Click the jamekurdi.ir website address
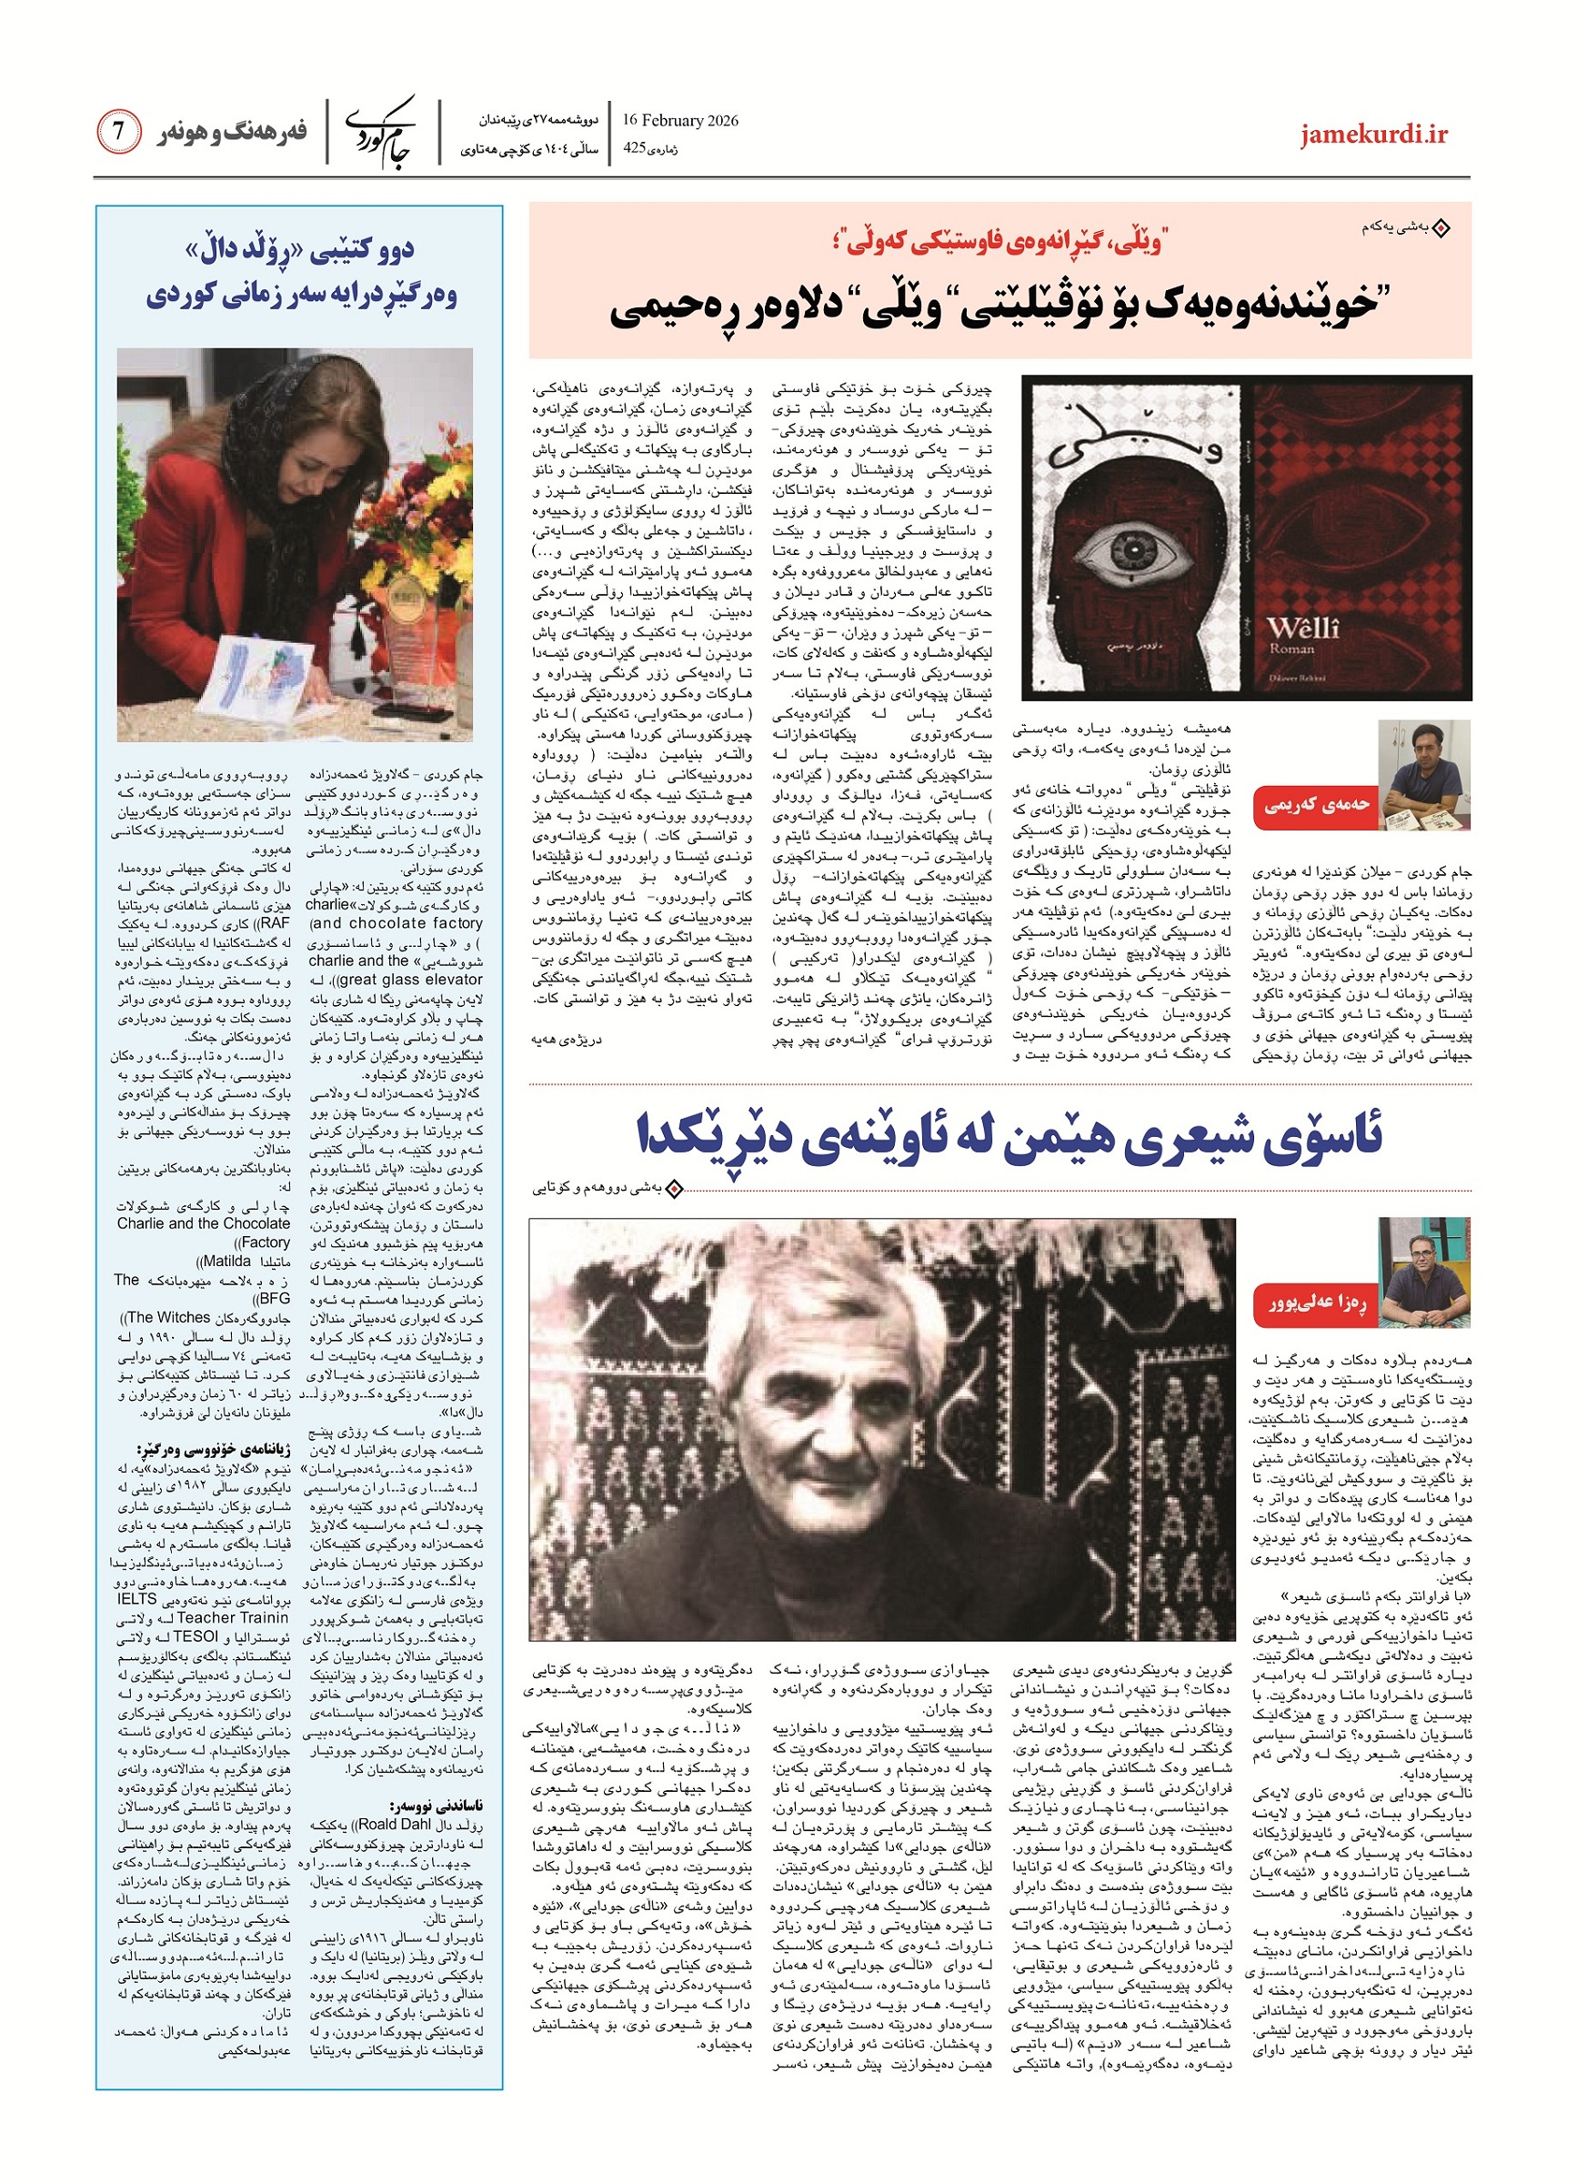[x=1373, y=135]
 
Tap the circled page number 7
[x=118, y=132]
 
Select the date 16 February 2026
[x=679, y=120]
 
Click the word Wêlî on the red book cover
[x=1303, y=629]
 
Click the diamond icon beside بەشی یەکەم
[x=1441, y=229]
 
